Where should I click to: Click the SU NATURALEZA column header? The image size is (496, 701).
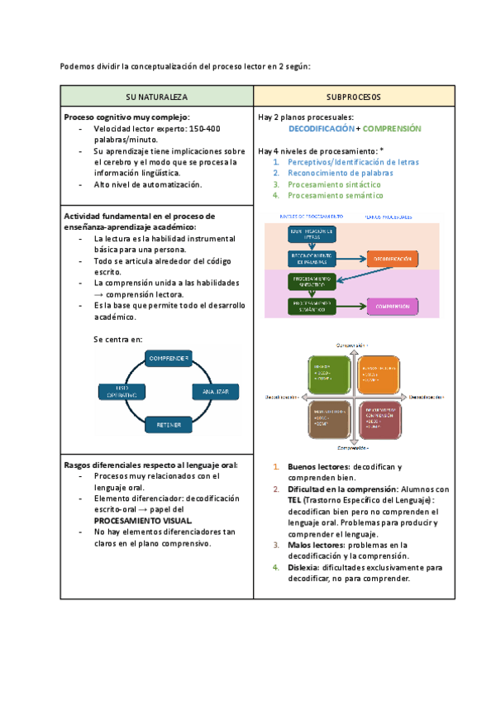pos(156,96)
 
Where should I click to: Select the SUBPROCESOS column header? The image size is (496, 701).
pos(354,96)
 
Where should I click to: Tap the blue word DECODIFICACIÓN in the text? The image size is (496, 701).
pos(321,129)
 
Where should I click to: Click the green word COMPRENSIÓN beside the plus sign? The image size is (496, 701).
pos(392,129)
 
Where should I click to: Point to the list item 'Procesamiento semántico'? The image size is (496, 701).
pos(336,196)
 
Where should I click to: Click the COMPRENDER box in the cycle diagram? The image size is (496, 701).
pos(169,358)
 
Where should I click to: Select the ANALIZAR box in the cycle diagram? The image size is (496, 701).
pos(216,389)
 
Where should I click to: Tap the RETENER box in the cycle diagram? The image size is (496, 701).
pos(169,425)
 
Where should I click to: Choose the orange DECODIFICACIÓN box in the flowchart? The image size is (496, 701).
pos(392,259)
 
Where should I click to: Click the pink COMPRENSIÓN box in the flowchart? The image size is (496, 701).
pos(392,307)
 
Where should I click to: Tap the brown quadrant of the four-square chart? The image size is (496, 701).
pos(329,419)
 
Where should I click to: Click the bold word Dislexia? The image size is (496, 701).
pos(303,568)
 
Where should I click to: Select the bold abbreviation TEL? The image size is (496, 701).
pos(294,501)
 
